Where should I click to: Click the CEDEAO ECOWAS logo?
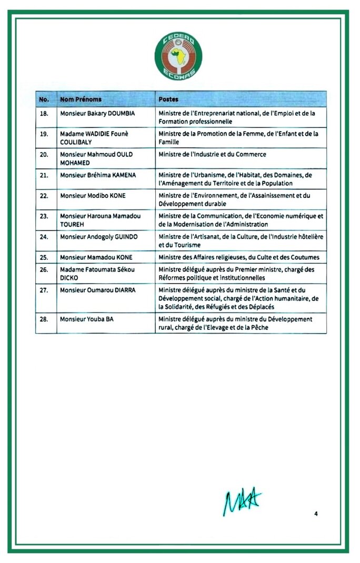click(178, 56)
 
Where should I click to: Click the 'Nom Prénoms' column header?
click(81, 99)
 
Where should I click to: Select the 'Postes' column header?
click(168, 99)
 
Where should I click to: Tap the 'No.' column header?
click(44, 99)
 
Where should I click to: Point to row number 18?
click(44, 113)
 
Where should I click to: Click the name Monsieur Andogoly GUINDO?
click(99, 237)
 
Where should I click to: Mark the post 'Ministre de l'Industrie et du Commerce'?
click(212, 155)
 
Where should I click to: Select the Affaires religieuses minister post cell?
click(239, 257)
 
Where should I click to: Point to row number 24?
click(44, 237)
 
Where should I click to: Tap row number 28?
click(44, 319)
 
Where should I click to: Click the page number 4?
click(316, 514)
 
